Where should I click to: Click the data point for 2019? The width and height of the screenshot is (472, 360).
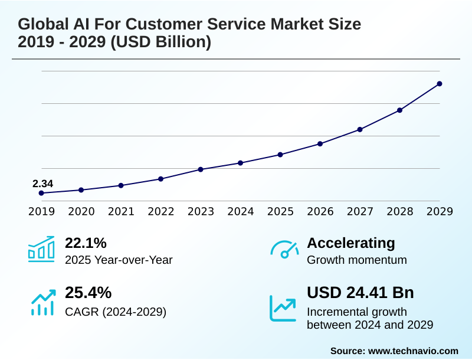pos(41,193)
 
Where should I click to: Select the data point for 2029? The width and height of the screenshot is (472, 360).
pos(440,84)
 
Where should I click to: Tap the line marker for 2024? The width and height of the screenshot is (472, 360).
pos(240,163)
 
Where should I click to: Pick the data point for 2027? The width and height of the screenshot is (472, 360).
pos(360,129)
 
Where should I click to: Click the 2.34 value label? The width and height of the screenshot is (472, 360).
pos(42,184)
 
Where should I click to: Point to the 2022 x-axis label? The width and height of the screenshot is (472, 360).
pos(160,211)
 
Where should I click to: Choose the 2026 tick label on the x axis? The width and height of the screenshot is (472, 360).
pos(320,211)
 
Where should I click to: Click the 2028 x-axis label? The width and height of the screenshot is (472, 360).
pos(399,211)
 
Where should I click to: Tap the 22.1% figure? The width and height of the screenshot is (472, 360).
pos(86,243)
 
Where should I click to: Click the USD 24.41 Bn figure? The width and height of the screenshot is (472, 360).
pos(360,293)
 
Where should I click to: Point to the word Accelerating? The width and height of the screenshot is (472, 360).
pos(351,243)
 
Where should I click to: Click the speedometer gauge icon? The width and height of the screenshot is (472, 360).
pos(284,250)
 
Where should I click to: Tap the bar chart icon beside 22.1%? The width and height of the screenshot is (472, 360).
pos(41,249)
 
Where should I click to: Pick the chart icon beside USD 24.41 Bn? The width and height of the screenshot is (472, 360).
pos(283,307)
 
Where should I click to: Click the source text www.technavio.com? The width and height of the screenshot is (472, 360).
pos(413,351)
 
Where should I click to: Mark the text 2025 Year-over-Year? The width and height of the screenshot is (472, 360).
pos(119,260)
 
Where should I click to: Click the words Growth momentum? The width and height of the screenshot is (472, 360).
pos(357,260)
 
